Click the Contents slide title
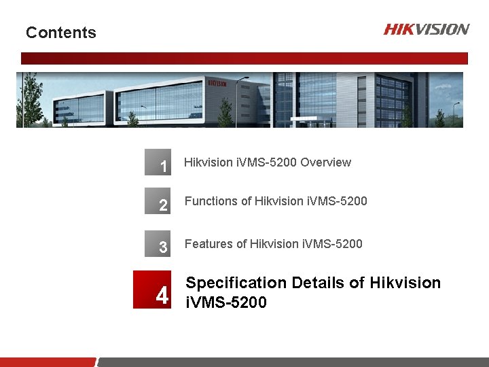click(61, 33)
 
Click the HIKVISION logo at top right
click(426, 29)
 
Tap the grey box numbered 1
click(158, 162)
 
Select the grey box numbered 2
click(158, 202)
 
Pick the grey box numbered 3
click(158, 243)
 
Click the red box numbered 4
click(151, 290)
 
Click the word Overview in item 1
click(325, 162)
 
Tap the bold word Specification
click(236, 283)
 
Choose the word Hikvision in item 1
click(209, 162)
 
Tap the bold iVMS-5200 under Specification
click(226, 302)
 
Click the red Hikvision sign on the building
click(217, 83)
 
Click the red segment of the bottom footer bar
click(48, 362)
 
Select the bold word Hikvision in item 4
click(405, 283)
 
